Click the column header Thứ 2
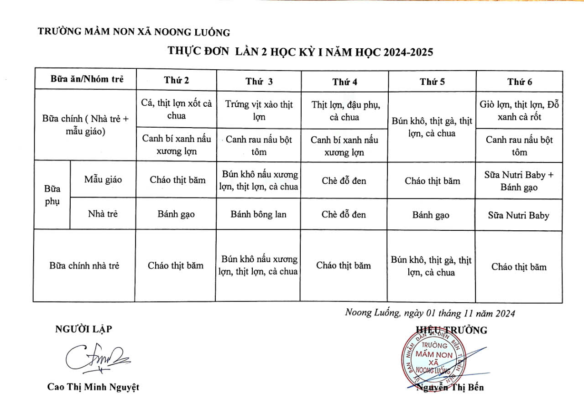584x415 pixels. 177,80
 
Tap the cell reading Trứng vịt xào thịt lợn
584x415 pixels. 259,110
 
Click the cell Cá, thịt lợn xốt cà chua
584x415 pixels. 177,109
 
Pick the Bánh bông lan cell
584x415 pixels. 258,214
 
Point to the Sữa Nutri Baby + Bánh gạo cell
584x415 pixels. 519,181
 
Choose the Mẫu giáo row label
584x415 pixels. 103,180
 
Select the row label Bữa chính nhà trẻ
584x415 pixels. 84,265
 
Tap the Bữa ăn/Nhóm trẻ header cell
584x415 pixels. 87,79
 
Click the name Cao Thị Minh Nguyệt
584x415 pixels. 93,387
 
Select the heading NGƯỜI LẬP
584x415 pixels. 83,329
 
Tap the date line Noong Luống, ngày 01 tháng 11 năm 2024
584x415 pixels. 430,313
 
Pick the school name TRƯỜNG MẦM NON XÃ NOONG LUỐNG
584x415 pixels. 134,32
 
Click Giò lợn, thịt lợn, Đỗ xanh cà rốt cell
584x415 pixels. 519,110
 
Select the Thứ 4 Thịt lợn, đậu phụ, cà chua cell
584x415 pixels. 344,110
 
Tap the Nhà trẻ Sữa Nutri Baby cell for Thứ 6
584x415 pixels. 518,215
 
